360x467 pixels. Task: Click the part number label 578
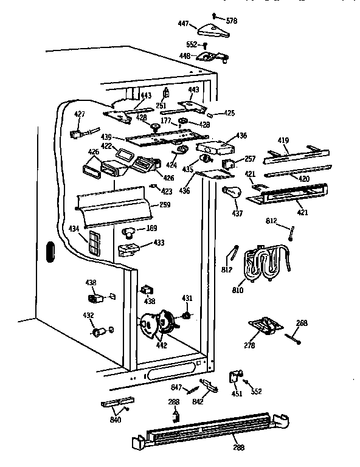coord(231,21)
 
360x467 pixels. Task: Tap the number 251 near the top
coord(161,106)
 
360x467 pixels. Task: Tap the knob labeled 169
coord(129,232)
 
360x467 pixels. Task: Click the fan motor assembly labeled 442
coord(156,325)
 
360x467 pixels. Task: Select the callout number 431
coord(187,297)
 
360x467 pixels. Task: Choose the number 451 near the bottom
coord(237,393)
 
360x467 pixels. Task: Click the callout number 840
coord(115,420)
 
